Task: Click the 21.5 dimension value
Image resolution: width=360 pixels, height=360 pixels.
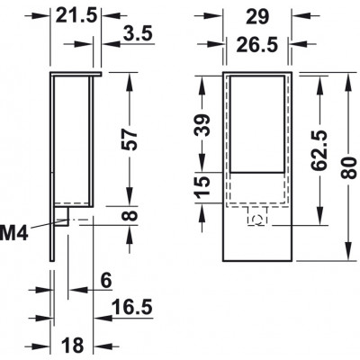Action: (76, 15)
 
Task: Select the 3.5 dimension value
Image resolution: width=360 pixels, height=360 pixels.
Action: (138, 33)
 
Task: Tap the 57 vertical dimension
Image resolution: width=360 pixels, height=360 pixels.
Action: (130, 139)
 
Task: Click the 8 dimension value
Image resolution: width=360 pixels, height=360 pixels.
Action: (130, 216)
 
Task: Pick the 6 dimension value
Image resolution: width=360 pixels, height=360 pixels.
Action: (106, 281)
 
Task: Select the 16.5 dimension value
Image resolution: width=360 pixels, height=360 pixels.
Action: (132, 307)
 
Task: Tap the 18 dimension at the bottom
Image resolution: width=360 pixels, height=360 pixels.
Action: (73, 345)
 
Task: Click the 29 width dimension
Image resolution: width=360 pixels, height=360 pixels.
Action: (257, 17)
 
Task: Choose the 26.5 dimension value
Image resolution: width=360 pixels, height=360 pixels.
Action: (257, 45)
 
